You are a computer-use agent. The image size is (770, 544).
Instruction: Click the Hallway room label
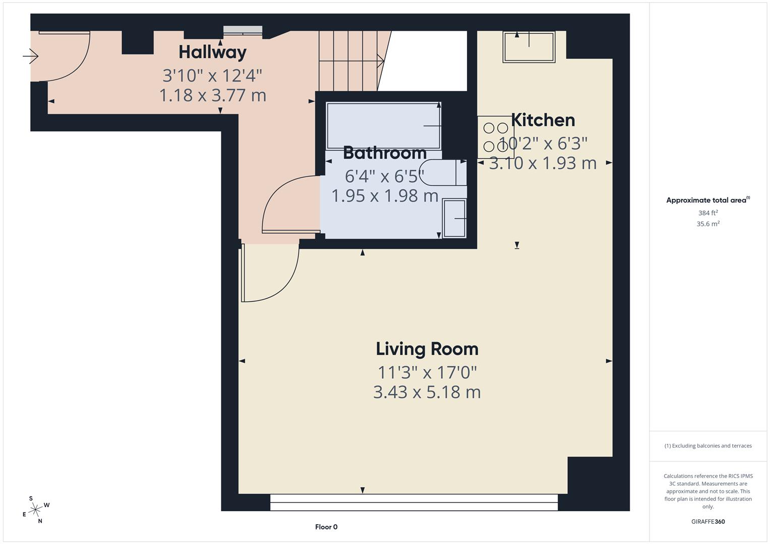(x=212, y=52)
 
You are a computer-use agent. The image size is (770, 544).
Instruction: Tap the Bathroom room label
(x=385, y=153)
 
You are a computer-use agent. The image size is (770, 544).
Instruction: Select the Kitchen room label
(x=543, y=120)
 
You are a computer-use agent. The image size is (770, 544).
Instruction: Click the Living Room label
(x=427, y=349)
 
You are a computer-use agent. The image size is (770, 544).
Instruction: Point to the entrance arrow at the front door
(x=31, y=56)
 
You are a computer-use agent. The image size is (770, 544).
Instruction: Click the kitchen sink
(x=528, y=47)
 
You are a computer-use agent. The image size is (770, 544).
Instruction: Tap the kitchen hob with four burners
(x=494, y=137)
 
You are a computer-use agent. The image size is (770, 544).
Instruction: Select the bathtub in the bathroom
(x=383, y=125)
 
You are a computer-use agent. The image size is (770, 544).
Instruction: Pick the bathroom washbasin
(x=454, y=218)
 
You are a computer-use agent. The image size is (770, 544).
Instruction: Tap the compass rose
(x=35, y=510)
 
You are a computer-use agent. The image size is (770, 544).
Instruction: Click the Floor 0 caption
(x=326, y=527)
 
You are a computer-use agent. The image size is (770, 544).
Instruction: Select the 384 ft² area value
(x=708, y=213)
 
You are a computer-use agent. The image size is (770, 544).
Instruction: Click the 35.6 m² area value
(x=708, y=224)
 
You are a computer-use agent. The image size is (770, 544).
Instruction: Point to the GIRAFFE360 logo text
(x=708, y=521)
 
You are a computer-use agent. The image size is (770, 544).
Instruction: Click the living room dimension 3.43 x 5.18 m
(x=427, y=392)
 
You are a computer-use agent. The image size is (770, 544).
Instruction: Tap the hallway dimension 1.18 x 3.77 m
(x=212, y=95)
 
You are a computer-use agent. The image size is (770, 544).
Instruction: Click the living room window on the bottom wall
(x=413, y=502)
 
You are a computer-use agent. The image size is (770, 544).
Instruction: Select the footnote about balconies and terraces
(x=708, y=446)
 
